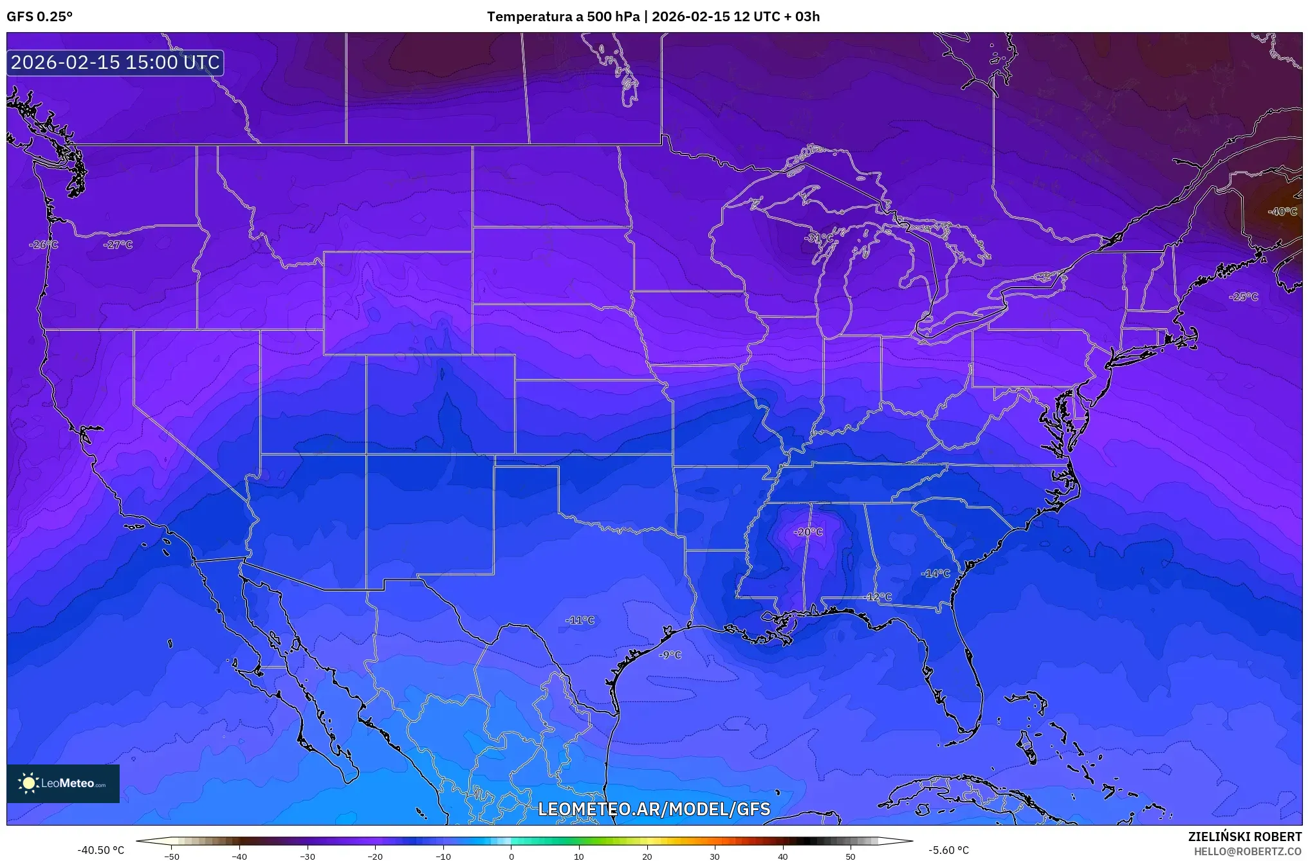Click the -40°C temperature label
[1282, 212]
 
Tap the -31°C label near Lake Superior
[818, 238]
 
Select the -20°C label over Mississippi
[808, 532]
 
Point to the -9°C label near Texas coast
[670, 655]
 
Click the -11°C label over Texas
[580, 620]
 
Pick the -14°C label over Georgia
[935, 573]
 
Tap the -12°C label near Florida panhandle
[878, 597]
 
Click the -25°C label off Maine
[1243, 297]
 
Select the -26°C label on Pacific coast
[43, 245]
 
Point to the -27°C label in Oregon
[118, 245]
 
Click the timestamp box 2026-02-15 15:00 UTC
[115, 62]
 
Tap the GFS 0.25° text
[39, 17]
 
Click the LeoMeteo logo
[63, 783]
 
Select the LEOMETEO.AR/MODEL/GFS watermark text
[654, 809]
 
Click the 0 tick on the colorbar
[511, 856]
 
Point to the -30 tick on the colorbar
[308, 856]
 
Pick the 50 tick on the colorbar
[850, 856]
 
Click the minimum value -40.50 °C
[100, 850]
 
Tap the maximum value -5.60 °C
[948, 850]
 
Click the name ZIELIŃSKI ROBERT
[1244, 837]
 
